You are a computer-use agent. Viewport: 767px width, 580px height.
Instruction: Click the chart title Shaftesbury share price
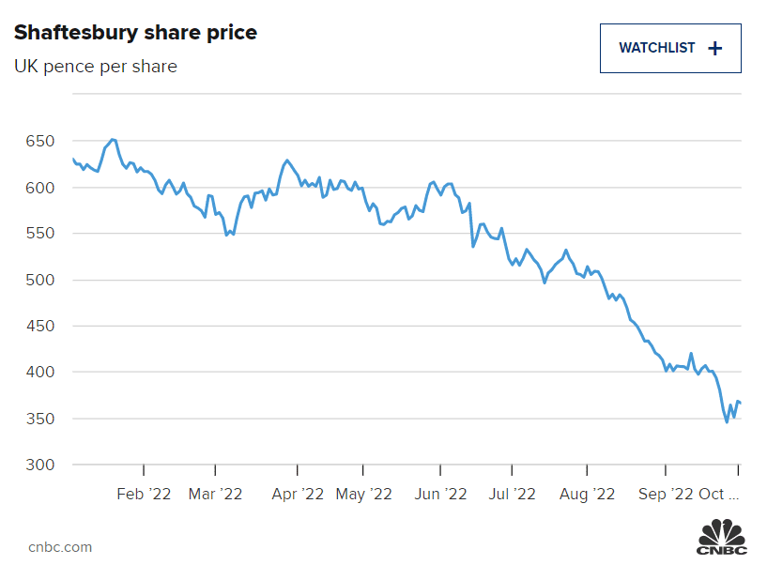tap(135, 33)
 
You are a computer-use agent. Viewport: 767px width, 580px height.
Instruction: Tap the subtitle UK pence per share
tap(95, 67)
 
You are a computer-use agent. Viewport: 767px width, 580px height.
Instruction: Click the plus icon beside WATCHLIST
tap(714, 48)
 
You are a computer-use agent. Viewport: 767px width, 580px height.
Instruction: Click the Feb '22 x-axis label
tap(144, 494)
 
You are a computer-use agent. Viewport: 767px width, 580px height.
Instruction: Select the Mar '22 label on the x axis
tap(215, 494)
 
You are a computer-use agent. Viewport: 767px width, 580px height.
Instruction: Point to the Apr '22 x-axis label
tap(298, 494)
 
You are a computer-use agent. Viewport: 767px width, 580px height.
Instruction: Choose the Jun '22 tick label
tap(439, 494)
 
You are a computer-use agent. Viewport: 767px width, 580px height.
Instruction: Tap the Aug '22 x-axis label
tap(587, 494)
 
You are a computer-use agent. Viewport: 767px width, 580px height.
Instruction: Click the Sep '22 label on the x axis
tap(666, 494)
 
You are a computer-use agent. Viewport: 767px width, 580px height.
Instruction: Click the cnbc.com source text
tap(60, 547)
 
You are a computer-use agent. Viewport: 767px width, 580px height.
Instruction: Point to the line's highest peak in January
tap(113, 139)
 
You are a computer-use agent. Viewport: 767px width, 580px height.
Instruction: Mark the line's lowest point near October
tap(727, 422)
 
